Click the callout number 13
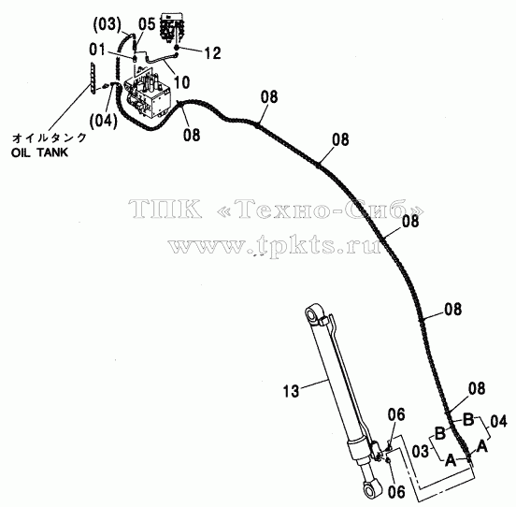(291, 391)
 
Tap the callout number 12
(212, 53)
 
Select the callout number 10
(181, 82)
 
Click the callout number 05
(147, 24)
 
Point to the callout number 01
(97, 50)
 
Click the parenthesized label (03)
(107, 25)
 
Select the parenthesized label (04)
(104, 122)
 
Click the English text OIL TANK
(39, 152)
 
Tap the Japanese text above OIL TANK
(50, 138)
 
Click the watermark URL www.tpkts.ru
(275, 245)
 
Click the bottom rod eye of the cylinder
(371, 489)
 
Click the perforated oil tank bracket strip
(93, 79)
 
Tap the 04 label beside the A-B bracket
(498, 421)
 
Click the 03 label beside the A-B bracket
(421, 452)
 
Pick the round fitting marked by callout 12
(177, 48)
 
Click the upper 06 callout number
(396, 414)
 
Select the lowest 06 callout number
(396, 492)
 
